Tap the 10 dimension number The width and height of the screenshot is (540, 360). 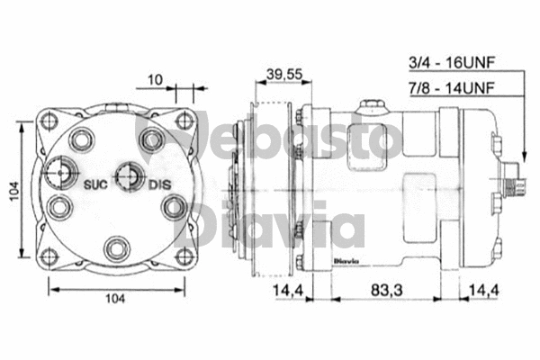(155, 79)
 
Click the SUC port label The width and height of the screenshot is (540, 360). (96, 184)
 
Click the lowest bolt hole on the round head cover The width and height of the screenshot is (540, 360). (114, 246)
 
